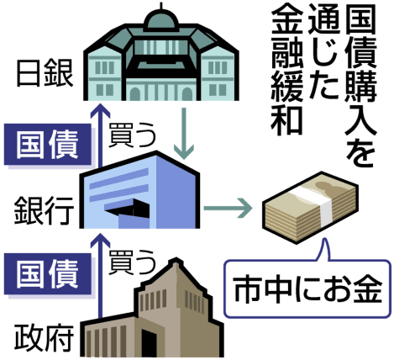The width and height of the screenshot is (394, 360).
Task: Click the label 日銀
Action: coord(45,74)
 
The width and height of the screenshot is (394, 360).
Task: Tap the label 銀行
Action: coord(45,210)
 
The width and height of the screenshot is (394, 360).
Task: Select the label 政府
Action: coord(44,338)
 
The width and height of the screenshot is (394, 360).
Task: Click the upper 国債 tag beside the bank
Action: coord(48,144)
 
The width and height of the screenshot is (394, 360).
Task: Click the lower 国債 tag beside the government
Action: coord(48,274)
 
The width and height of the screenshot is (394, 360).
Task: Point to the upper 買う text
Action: coord(132,135)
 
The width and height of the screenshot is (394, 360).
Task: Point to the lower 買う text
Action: coord(132,262)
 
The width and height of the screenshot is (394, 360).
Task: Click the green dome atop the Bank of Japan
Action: coord(161,19)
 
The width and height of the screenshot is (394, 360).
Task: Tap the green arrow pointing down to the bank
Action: coord(184,134)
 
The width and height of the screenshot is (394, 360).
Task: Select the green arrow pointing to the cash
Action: coord(228,208)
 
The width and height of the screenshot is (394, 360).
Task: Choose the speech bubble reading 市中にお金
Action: coord(307,289)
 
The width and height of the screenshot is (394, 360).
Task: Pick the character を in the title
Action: coord(360,153)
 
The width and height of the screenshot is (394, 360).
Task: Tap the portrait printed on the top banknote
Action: coord(327,186)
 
